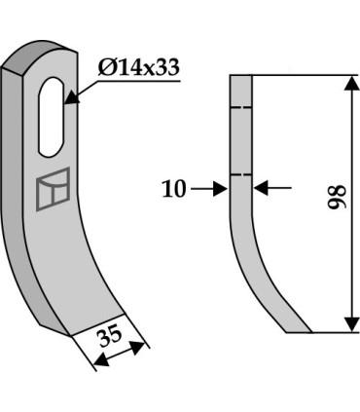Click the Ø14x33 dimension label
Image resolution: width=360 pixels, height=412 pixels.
[x=138, y=68]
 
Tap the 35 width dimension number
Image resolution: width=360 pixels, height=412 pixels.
[x=111, y=338]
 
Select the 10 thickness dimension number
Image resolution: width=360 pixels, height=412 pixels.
[x=174, y=189]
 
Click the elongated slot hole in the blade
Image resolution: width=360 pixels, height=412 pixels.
[x=51, y=117]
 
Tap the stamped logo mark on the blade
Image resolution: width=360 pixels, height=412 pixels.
[x=53, y=189]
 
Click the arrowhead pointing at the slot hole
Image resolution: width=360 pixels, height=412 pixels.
[x=71, y=98]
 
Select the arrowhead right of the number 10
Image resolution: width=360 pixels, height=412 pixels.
[x=220, y=189]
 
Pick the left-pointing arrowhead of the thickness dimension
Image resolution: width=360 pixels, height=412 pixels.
[x=262, y=188]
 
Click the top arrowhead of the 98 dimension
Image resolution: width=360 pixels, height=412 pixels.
[x=351, y=84]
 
